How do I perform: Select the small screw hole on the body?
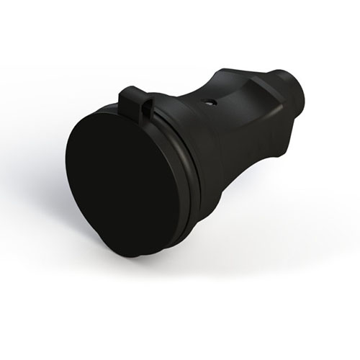coord(208,102)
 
